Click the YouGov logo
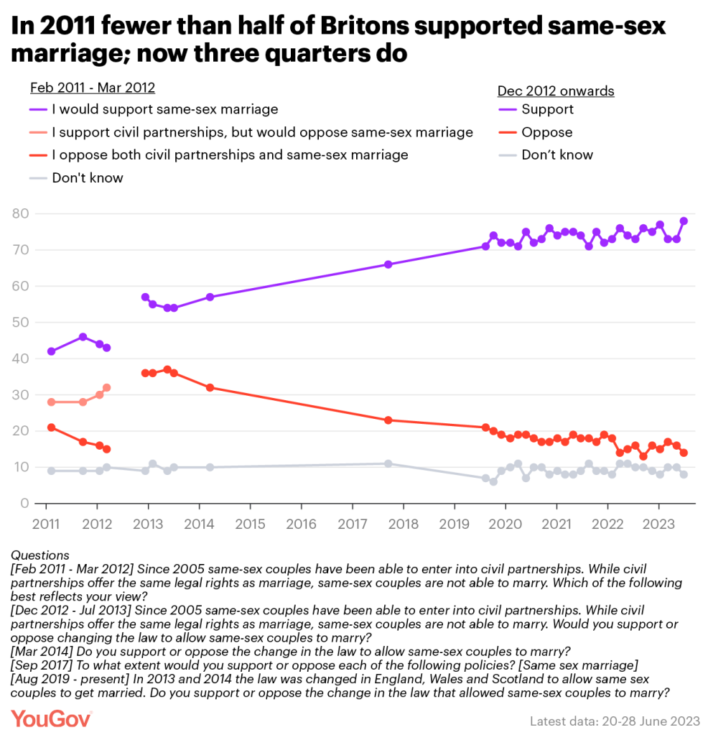pos(51,718)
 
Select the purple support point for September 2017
pos(388,264)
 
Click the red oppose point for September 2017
pos(388,420)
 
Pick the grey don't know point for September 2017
pos(388,463)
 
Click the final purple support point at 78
pos(684,221)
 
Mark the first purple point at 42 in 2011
pos(51,351)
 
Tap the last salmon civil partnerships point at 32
pos(107,387)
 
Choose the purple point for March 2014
pos(210,297)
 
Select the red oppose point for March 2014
pos(210,387)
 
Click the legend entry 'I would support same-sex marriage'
pos(164,110)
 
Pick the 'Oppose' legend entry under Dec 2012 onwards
pos(546,132)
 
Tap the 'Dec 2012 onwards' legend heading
pos(555,91)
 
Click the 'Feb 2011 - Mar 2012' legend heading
pos(93,88)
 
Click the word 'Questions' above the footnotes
pos(41,555)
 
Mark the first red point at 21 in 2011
pos(51,427)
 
